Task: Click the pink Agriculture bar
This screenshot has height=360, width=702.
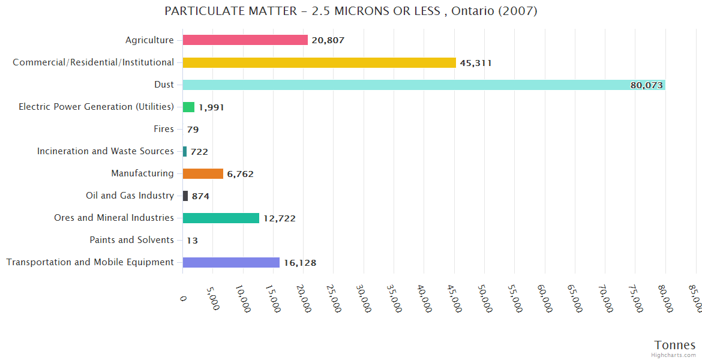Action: click(x=245, y=40)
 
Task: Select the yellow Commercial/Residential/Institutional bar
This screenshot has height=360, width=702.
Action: click(x=319, y=62)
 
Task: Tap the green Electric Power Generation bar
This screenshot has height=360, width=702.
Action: click(x=188, y=107)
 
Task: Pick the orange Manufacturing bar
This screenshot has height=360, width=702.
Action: click(x=203, y=174)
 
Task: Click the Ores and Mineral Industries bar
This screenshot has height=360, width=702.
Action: click(x=221, y=218)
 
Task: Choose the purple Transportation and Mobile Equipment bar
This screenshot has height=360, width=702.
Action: click(x=231, y=262)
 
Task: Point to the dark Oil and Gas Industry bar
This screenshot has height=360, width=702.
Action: click(x=185, y=196)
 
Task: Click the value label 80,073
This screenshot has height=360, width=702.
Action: click(x=646, y=85)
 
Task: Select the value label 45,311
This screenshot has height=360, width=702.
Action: click(x=476, y=63)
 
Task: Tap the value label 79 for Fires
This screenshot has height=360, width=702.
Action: click(x=193, y=130)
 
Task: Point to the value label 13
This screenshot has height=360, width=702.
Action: click(x=192, y=241)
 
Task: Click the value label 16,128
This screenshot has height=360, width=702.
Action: click(x=300, y=263)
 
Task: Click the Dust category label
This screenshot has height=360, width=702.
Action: click(x=164, y=85)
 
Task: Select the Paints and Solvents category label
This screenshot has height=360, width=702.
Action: click(x=131, y=240)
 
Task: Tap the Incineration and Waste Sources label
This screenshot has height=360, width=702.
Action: click(x=105, y=151)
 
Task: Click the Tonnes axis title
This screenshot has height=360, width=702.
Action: click(x=674, y=345)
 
